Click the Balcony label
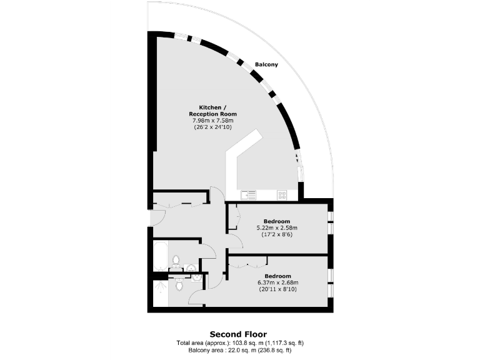[x=266, y=64]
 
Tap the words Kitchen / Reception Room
[x=213, y=111]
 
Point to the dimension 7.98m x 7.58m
[x=213, y=121]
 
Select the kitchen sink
[x=248, y=195]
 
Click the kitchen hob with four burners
[x=282, y=195]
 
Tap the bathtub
[x=160, y=256]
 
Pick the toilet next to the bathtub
[x=176, y=260]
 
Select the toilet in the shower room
[x=179, y=286]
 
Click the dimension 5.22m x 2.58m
[x=277, y=228]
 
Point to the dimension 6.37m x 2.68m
[x=277, y=282]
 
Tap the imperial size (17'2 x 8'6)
[x=277, y=235]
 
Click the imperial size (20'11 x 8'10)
[x=277, y=289]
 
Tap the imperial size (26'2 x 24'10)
[x=213, y=127]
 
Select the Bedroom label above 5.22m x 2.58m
[x=277, y=221]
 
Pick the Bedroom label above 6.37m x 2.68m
[x=277, y=276]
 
